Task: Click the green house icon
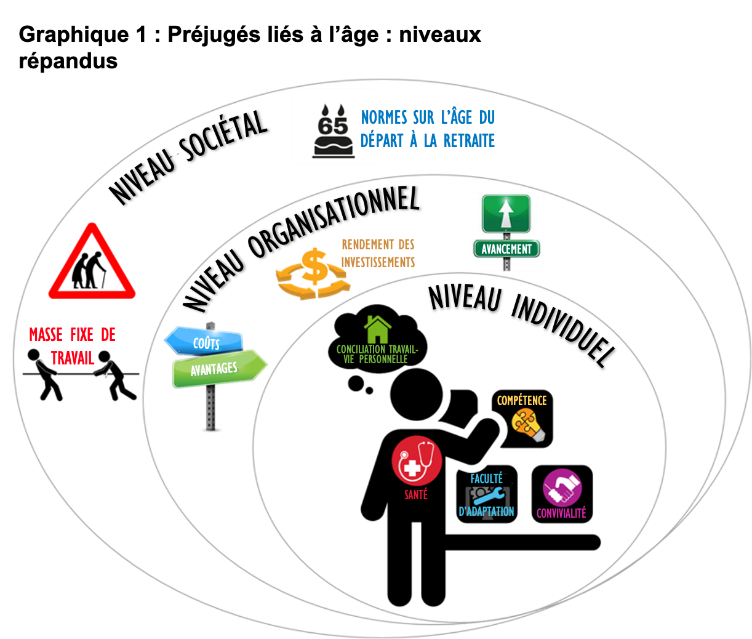pos(377,329)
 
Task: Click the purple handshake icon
pos(562,488)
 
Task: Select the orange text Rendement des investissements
pos(378,253)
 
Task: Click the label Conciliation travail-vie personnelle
pos(377,354)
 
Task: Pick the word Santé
pos(416,495)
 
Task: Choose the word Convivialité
pos(561,513)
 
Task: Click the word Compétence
pos(521,401)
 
